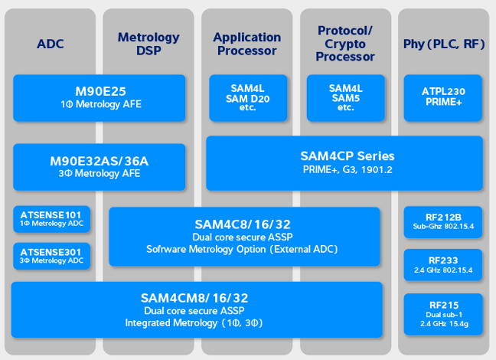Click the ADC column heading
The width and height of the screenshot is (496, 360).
(51, 44)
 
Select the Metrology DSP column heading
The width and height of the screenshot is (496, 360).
(148, 44)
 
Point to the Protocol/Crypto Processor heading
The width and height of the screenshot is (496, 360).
(344, 44)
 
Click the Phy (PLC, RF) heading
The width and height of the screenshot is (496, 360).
(444, 44)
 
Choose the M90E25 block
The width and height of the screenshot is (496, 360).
(100, 97)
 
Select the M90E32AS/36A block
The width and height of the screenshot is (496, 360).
(100, 166)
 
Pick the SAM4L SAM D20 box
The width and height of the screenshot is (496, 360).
(247, 97)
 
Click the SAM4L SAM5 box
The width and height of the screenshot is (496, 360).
(345, 97)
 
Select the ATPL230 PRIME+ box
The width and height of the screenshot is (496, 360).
(443, 97)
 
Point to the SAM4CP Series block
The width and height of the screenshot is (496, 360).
(344, 162)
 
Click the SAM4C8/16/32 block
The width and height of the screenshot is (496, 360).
(244, 236)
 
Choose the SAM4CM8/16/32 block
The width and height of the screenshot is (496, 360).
(197, 309)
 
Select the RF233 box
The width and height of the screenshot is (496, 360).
(443, 265)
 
